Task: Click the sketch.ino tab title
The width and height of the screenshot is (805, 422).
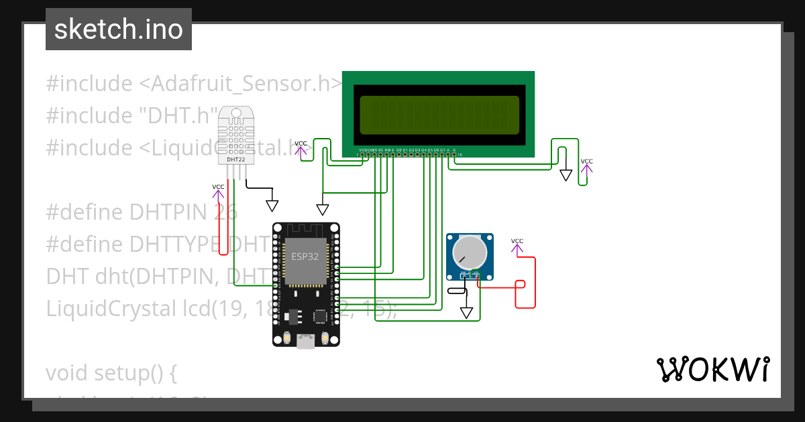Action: click(118, 29)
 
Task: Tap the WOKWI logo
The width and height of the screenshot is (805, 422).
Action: click(712, 370)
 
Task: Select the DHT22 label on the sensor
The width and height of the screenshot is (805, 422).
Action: click(235, 159)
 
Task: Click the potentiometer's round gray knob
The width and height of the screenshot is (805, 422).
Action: click(469, 253)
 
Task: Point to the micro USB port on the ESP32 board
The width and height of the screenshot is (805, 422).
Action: click(306, 342)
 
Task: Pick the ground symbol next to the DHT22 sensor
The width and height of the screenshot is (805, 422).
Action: click(272, 205)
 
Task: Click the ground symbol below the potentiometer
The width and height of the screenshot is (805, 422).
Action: click(466, 313)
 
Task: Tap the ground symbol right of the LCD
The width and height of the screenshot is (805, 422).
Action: click(566, 175)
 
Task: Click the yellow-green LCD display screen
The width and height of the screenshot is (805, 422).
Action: click(439, 115)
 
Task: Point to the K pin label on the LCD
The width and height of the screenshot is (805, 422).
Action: click(454, 150)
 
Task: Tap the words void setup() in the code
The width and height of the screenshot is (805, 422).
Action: click(111, 373)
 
